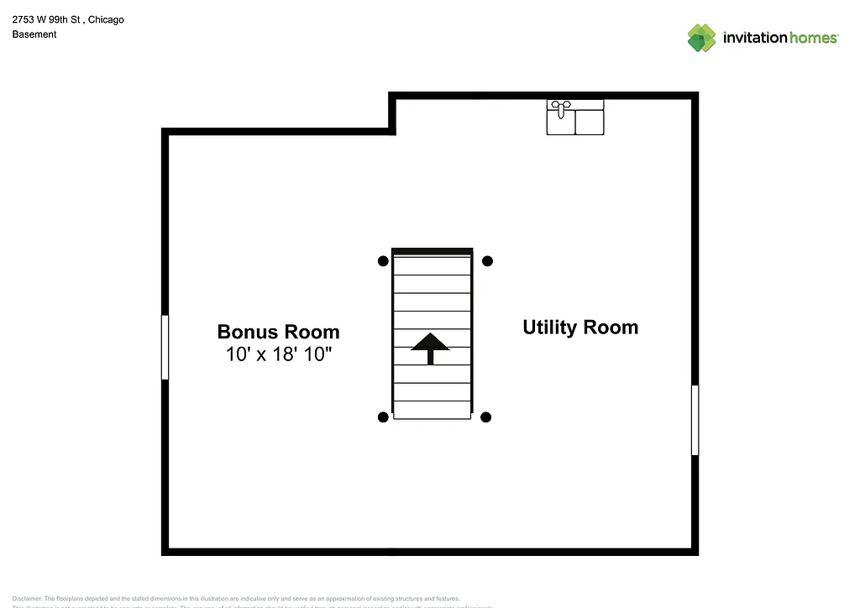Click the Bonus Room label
(278, 332)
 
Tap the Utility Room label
(580, 328)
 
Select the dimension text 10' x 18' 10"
(279, 354)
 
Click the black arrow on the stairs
(431, 346)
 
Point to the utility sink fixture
(575, 118)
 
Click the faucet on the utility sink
(559, 106)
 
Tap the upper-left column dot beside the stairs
(383, 261)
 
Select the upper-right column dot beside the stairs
(487, 261)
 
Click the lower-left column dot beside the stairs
(383, 417)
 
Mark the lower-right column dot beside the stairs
(485, 417)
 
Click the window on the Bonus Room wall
(165, 347)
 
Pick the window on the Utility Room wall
(695, 420)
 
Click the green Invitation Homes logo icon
(701, 38)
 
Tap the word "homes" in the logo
(813, 38)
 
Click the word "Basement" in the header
(34, 34)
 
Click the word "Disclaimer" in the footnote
(26, 599)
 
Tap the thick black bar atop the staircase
(432, 251)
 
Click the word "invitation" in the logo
(754, 38)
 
